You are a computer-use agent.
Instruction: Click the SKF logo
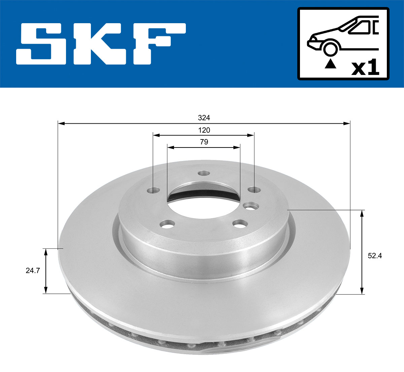coord(101,44)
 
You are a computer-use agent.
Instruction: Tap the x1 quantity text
coord(365,68)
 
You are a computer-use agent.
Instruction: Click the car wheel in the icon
coord(330,48)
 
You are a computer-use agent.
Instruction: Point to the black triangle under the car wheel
coord(330,64)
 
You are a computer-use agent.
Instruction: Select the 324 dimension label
coord(204,118)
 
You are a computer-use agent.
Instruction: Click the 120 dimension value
coord(204,130)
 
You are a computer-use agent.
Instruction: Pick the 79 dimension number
coord(204,142)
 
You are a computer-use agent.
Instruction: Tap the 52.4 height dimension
coord(375,256)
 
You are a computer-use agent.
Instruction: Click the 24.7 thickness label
coord(33,271)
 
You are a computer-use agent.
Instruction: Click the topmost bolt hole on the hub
coord(203,173)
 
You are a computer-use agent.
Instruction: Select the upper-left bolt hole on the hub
coord(154,191)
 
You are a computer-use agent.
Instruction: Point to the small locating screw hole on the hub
coord(250,205)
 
